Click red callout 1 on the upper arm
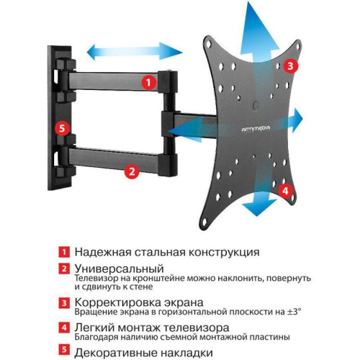(147, 82)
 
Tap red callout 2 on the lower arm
(131, 171)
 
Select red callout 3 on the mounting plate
(289, 66)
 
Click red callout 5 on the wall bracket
(62, 129)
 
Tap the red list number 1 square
(64, 253)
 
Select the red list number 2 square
(64, 269)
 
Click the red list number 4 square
(64, 328)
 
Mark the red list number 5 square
(64, 352)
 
